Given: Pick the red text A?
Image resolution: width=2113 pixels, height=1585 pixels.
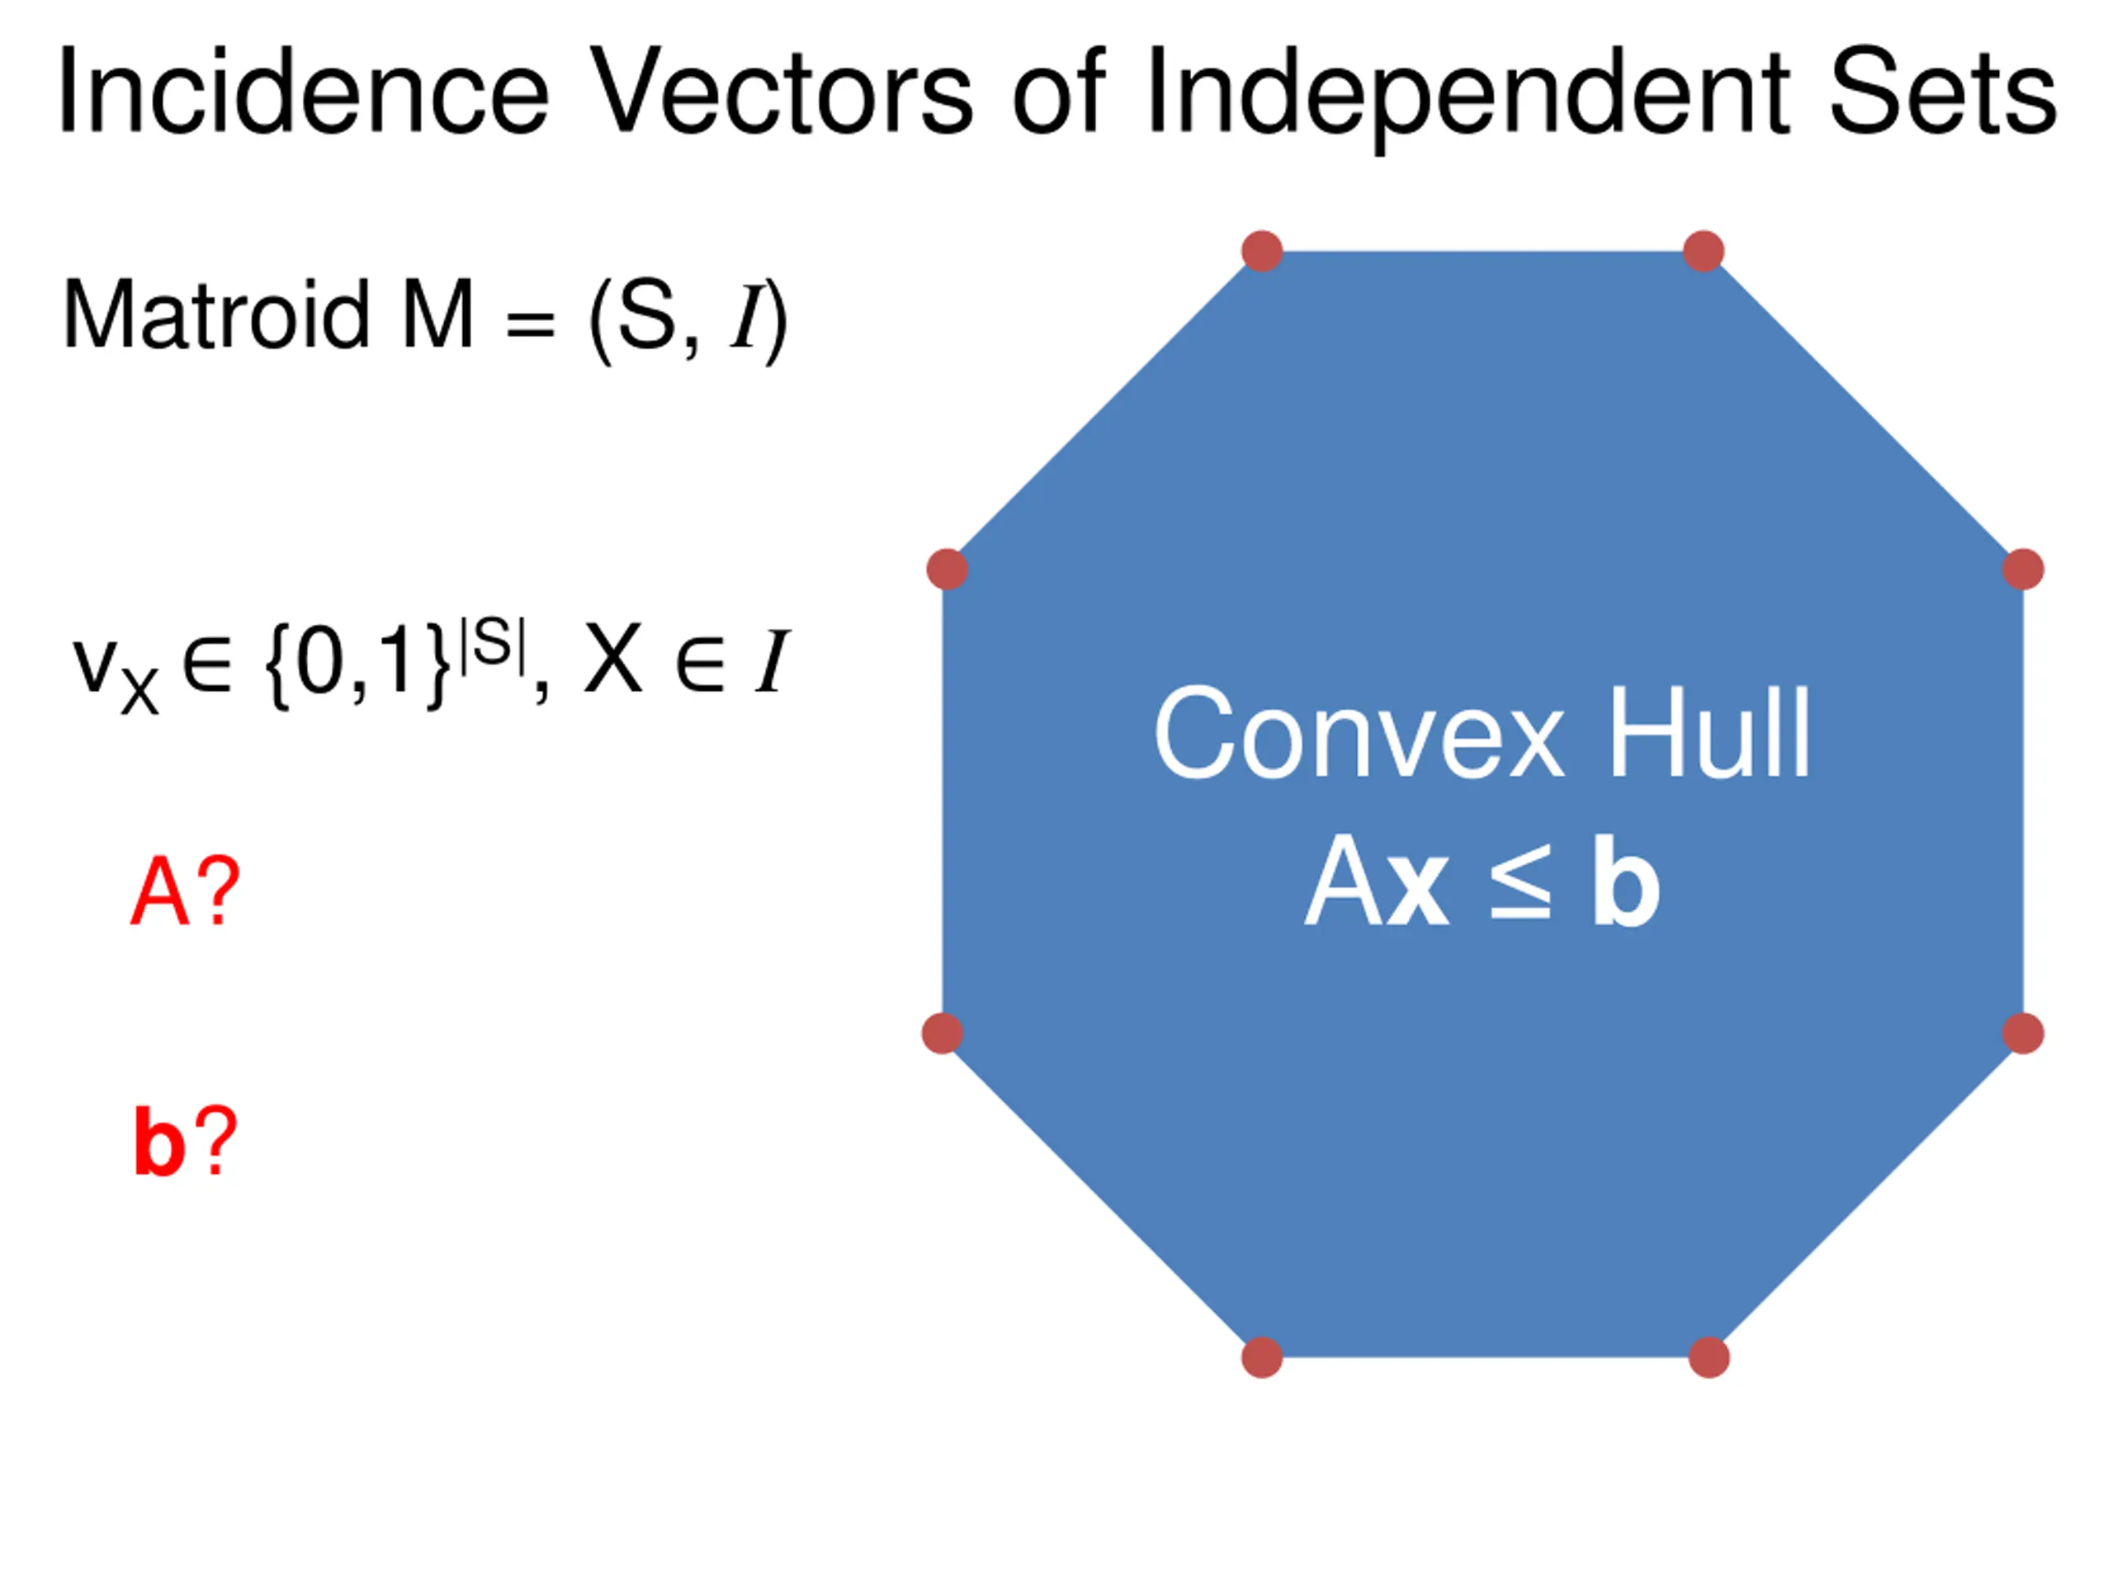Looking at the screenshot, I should [x=184, y=892].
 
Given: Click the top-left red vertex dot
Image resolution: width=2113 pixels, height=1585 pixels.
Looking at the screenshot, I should [x=1262, y=251].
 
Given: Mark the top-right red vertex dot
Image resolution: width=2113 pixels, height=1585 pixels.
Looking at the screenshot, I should [x=1704, y=251].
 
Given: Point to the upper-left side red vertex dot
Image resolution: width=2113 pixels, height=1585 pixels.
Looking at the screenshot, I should [x=947, y=570].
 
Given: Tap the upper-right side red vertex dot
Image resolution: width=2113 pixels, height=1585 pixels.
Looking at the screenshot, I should [x=2022, y=570].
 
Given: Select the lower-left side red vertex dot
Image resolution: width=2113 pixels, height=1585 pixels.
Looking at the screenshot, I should [x=942, y=1033].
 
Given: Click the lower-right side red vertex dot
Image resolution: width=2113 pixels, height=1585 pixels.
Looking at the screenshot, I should [x=2022, y=1033].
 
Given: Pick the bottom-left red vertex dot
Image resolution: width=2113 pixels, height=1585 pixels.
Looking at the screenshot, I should [x=1261, y=1356].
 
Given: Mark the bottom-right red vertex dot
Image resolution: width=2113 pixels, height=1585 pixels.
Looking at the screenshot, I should [x=1708, y=1356].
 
